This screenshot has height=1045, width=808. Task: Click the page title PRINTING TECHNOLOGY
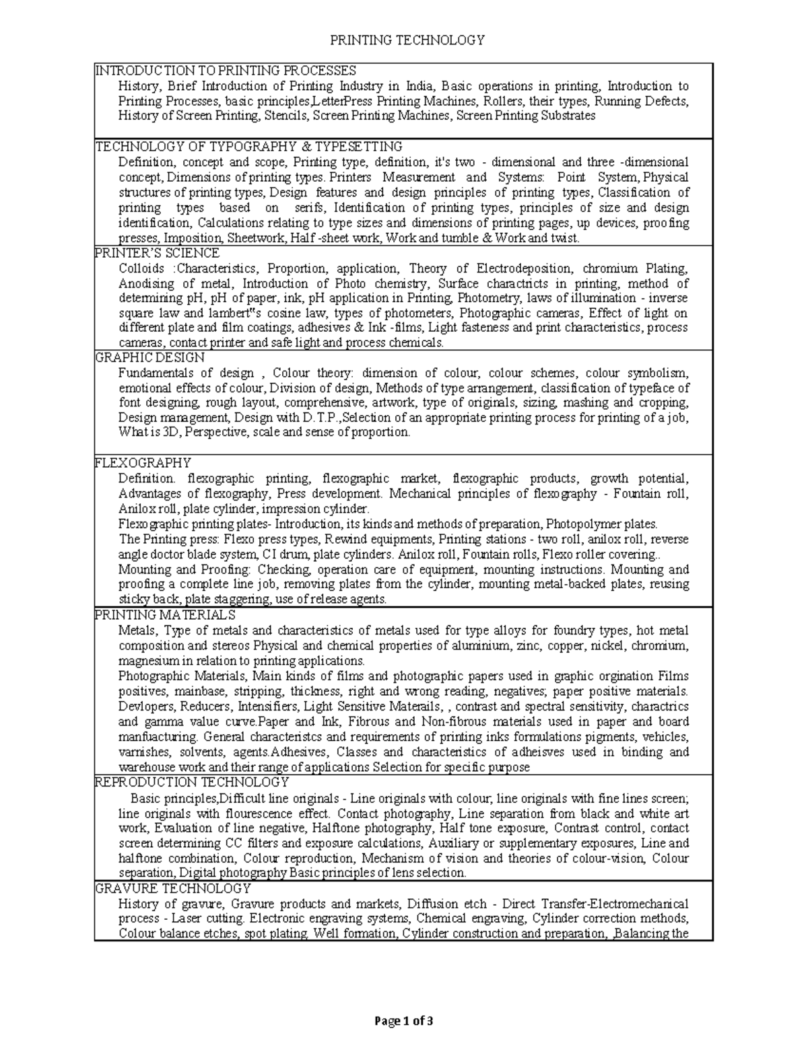tap(407, 40)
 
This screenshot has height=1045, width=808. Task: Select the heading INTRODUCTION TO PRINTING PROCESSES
tap(225, 71)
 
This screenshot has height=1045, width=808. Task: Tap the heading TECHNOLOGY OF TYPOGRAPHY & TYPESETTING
tap(248, 146)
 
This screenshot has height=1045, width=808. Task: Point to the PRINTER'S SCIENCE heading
tap(157, 253)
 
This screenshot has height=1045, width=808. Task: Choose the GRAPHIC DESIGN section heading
tap(149, 357)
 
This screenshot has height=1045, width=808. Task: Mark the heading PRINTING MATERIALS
tap(165, 615)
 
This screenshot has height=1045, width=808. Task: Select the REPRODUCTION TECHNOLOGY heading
tap(192, 783)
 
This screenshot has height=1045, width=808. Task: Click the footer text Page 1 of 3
tap(404, 1021)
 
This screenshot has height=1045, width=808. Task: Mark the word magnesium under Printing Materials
tap(148, 661)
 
